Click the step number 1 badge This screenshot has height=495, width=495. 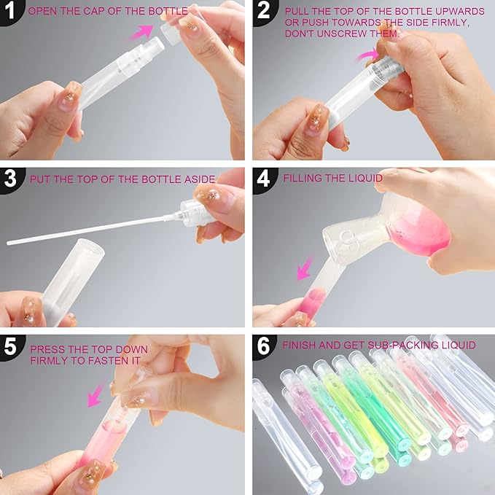click(11, 11)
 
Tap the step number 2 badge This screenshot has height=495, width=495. click(265, 11)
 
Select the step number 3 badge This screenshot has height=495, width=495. click(11, 179)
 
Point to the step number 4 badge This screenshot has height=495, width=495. click(265, 179)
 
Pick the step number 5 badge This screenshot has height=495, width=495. click(11, 346)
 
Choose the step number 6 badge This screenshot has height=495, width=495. click(265, 346)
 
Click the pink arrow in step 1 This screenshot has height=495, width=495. click(141, 32)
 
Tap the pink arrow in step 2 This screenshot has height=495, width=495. click(367, 55)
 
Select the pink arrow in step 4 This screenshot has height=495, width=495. click(305, 268)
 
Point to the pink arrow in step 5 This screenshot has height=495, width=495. click(95, 395)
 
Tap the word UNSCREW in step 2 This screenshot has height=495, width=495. click(342, 34)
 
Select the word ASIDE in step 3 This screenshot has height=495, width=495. click(200, 179)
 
